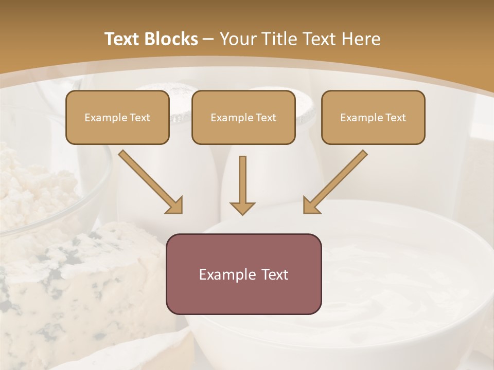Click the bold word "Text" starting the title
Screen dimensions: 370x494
[122, 39]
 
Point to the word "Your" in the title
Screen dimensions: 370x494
[237, 39]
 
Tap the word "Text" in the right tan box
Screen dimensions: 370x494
[395, 118]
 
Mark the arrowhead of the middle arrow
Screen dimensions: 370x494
[242, 208]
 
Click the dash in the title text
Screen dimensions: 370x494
[208, 40]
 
